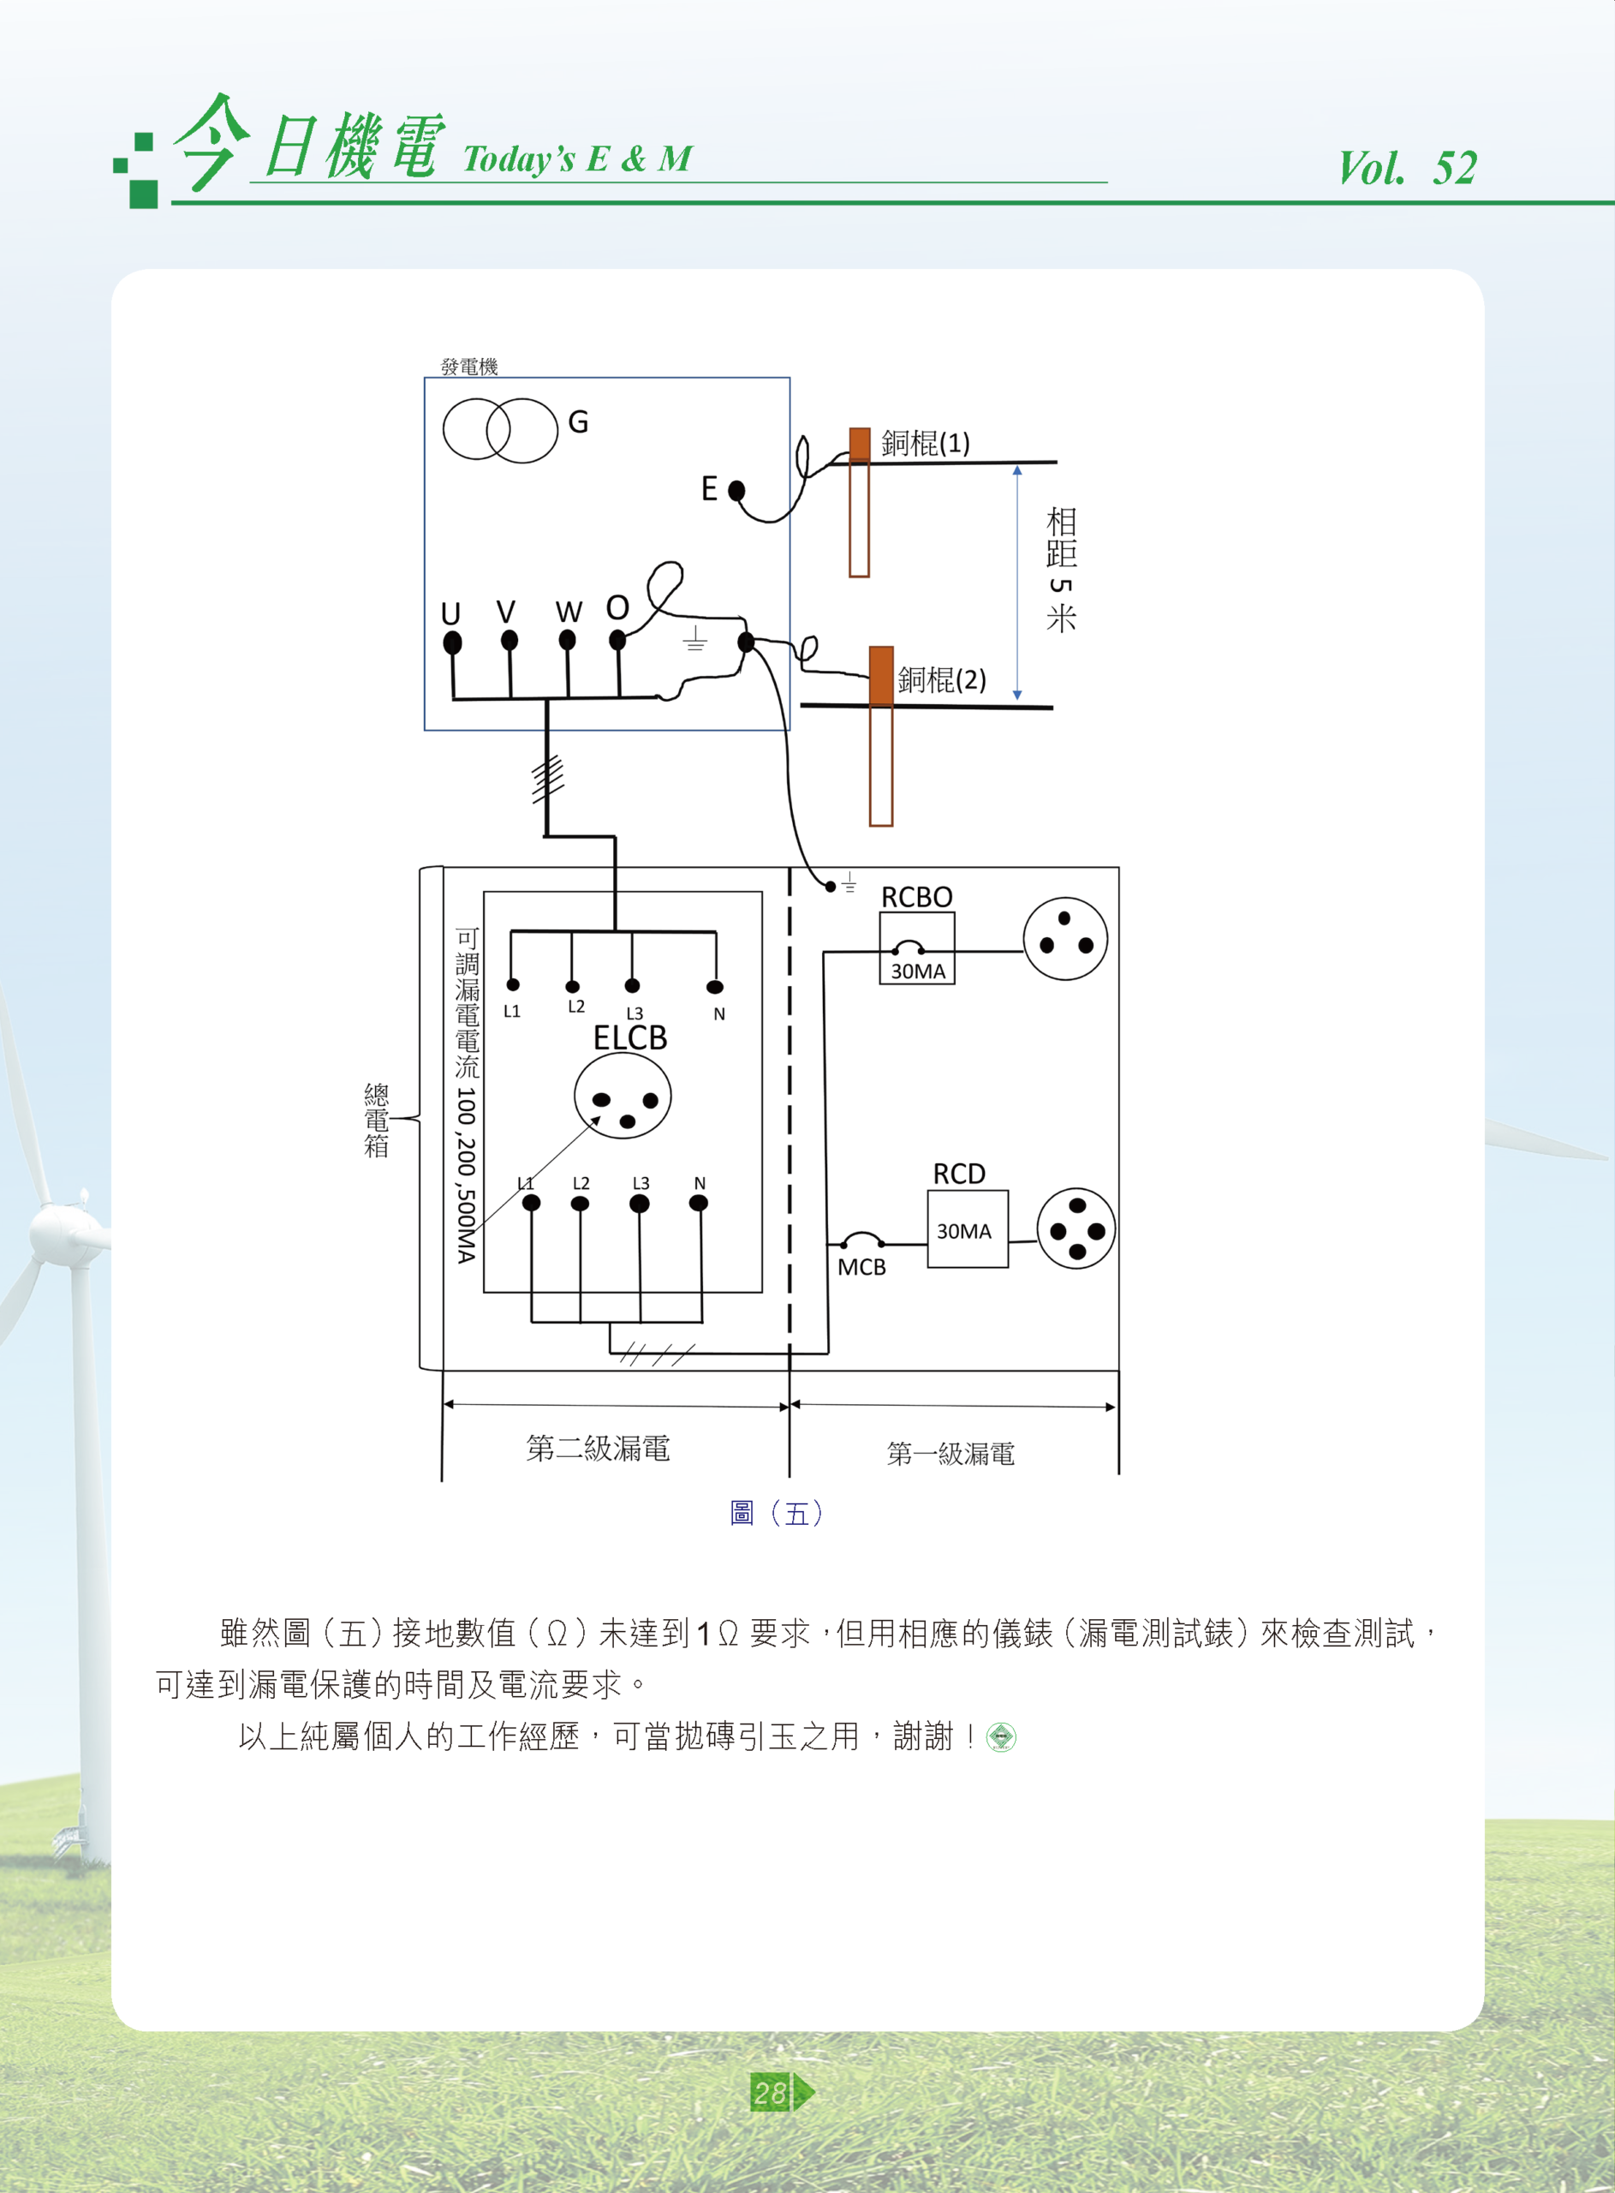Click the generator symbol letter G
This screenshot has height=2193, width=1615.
pyautogui.click(x=578, y=422)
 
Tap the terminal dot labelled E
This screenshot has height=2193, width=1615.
pyautogui.click(x=737, y=490)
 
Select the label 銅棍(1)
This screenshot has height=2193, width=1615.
pyautogui.click(x=925, y=444)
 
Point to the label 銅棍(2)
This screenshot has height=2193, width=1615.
pyautogui.click(x=941, y=679)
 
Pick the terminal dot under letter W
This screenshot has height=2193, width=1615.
pyautogui.click(x=567, y=641)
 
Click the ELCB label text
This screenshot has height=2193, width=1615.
pyautogui.click(x=630, y=1037)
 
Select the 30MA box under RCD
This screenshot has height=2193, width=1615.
pyautogui.click(x=967, y=1230)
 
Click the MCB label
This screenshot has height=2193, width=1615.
pyautogui.click(x=861, y=1267)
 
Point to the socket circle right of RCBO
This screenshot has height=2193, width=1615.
pyautogui.click(x=1064, y=940)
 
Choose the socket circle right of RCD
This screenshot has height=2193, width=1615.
pyautogui.click(x=1076, y=1229)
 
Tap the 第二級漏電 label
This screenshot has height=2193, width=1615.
pyautogui.click(x=599, y=1448)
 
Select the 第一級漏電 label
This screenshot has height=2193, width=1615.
pyautogui.click(x=951, y=1454)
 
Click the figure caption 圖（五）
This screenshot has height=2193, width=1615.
pyautogui.click(x=778, y=1514)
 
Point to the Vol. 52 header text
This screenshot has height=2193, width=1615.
pyautogui.click(x=1407, y=168)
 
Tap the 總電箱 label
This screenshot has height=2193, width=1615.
pyautogui.click(x=377, y=1120)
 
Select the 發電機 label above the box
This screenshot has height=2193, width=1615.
pyautogui.click(x=469, y=367)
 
